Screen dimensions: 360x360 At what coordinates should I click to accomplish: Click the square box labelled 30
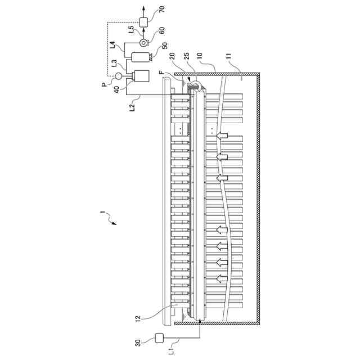(159, 338)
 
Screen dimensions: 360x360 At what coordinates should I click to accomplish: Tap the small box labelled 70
(143, 22)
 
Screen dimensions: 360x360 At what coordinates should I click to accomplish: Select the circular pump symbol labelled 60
(143, 43)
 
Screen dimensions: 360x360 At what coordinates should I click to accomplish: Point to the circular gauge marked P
(118, 76)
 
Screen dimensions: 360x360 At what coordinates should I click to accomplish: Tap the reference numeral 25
(187, 57)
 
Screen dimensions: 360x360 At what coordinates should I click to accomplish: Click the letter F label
(161, 73)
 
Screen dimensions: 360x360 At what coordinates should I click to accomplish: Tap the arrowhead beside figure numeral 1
(114, 223)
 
